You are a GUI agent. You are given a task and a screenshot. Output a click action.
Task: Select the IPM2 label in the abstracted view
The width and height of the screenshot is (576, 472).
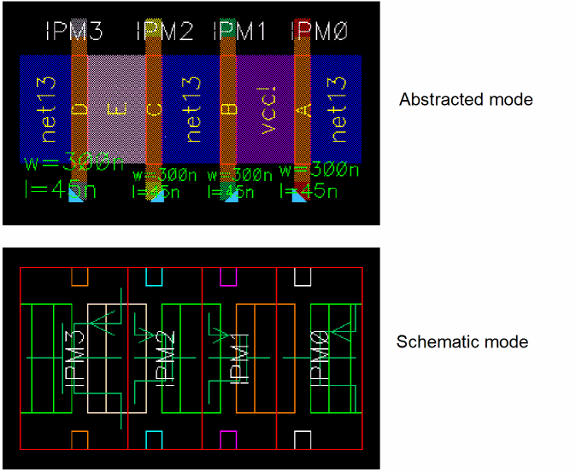165,33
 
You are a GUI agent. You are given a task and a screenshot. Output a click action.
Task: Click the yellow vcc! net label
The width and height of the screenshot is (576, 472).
267,109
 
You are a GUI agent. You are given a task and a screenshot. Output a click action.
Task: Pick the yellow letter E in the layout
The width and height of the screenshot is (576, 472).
115,109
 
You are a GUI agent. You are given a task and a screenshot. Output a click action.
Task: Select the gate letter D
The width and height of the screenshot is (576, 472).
79,109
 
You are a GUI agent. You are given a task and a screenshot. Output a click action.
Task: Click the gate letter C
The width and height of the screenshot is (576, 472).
154,109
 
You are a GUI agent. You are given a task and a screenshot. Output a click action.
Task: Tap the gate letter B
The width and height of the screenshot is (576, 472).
228,109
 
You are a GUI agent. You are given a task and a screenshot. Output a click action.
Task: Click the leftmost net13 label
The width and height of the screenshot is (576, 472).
48,108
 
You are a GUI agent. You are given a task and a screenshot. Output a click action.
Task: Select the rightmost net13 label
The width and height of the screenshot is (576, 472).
338,108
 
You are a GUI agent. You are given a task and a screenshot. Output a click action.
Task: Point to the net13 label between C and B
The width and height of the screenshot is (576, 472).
192,108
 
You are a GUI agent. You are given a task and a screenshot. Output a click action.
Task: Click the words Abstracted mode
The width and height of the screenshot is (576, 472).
466,100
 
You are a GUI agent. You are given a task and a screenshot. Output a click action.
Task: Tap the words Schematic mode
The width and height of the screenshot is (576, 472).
462,342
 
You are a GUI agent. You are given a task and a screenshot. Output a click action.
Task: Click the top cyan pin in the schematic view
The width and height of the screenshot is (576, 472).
154,277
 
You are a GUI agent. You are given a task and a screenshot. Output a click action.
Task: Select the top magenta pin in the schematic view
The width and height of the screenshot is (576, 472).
228,277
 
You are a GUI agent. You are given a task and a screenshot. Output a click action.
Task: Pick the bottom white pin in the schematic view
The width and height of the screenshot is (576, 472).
303,439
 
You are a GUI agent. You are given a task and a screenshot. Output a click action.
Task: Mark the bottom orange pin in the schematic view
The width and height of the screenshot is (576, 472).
79,439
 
